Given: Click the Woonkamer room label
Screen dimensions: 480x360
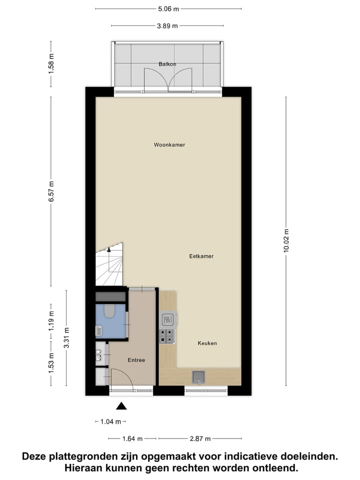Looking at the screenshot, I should (x=169, y=145).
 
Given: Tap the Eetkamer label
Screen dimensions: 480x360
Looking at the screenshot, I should (x=201, y=256).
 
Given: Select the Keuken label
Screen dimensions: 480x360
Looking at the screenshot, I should (x=207, y=343).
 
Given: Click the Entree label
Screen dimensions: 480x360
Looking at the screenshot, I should (x=136, y=360).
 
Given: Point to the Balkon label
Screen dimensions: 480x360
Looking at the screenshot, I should (x=167, y=64).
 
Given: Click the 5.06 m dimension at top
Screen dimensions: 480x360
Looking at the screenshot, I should (x=168, y=9).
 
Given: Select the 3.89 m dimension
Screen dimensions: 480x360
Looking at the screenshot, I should (x=167, y=26).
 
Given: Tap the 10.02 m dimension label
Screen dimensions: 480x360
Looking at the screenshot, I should (x=286, y=241).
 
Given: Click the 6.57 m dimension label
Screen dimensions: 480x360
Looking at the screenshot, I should (x=50, y=192).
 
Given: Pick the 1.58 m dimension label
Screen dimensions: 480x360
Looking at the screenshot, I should (x=50, y=63).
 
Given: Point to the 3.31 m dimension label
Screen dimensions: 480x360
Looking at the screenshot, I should (x=66, y=338).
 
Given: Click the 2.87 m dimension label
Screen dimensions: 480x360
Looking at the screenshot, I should (x=200, y=438).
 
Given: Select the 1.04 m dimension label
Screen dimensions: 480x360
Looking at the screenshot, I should (x=111, y=421).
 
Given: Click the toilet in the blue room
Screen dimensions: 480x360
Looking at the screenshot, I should (x=109, y=311).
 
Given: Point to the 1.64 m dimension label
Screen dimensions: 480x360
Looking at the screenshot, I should (x=133, y=438).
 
